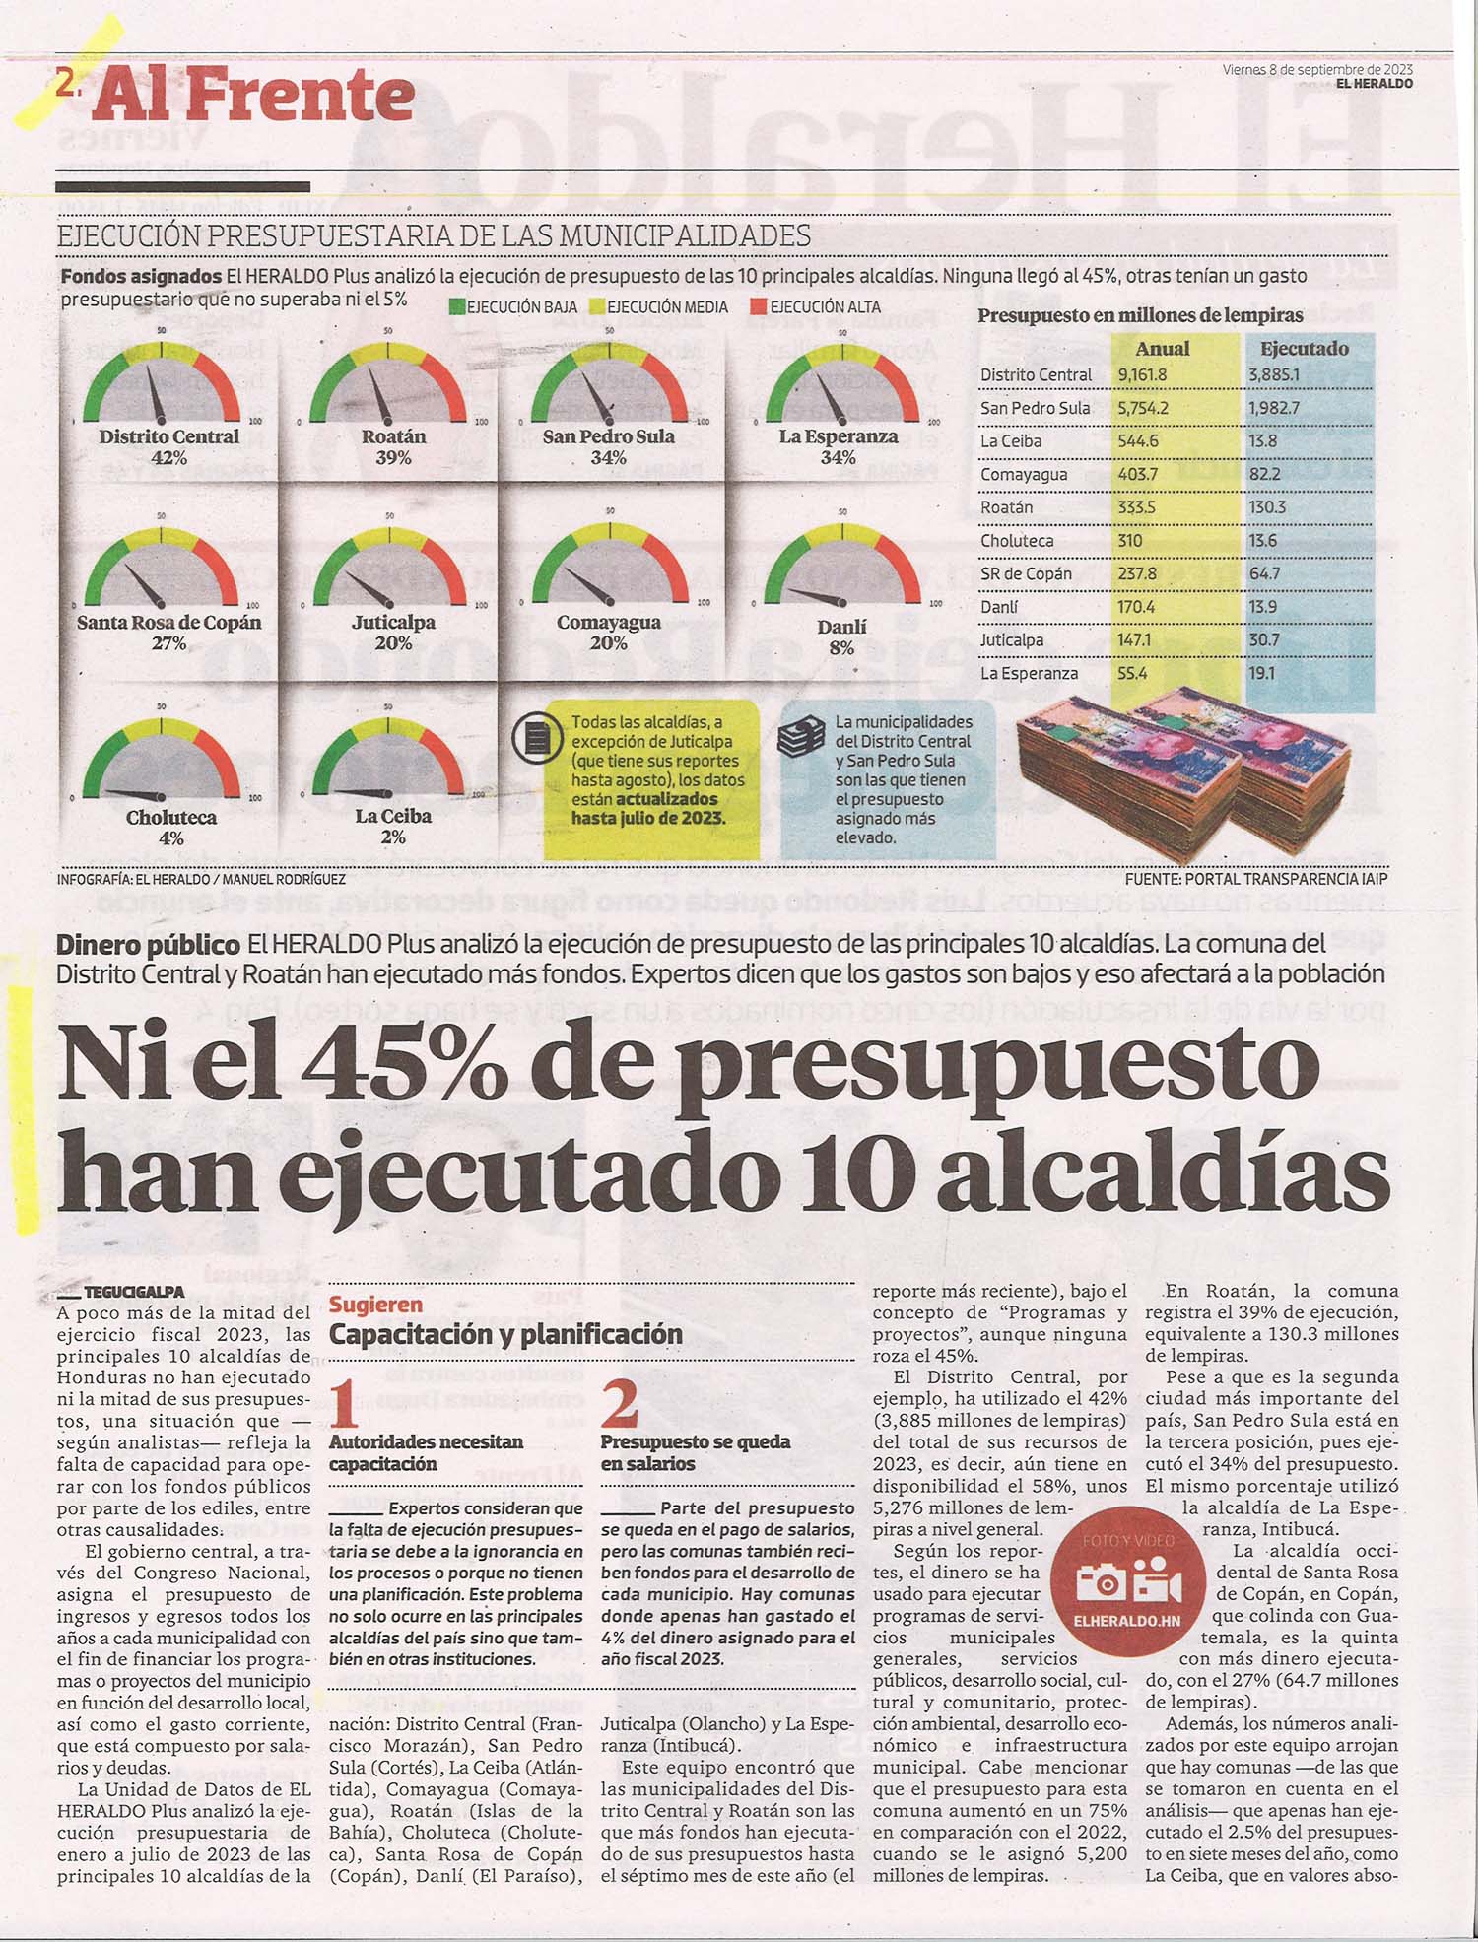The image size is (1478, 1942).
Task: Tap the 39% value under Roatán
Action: tap(393, 458)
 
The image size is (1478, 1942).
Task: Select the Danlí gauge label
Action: tap(841, 627)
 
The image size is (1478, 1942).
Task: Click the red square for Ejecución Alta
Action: tap(758, 307)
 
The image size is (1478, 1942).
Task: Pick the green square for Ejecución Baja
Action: tap(456, 307)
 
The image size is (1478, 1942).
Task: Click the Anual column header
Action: tap(1163, 349)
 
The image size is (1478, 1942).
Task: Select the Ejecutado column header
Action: tap(1305, 349)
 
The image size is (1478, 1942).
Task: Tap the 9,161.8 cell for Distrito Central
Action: tap(1142, 375)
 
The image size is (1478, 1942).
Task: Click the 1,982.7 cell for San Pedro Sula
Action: tap(1274, 408)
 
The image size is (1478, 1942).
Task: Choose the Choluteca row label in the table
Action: tap(1017, 541)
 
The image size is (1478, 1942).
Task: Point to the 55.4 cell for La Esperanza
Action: tap(1132, 674)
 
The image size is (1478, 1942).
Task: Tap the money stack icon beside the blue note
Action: tap(801, 737)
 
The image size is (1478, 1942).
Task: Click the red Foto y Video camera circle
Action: tap(1128, 1585)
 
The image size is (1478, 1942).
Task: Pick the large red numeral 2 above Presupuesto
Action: tap(620, 1404)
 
